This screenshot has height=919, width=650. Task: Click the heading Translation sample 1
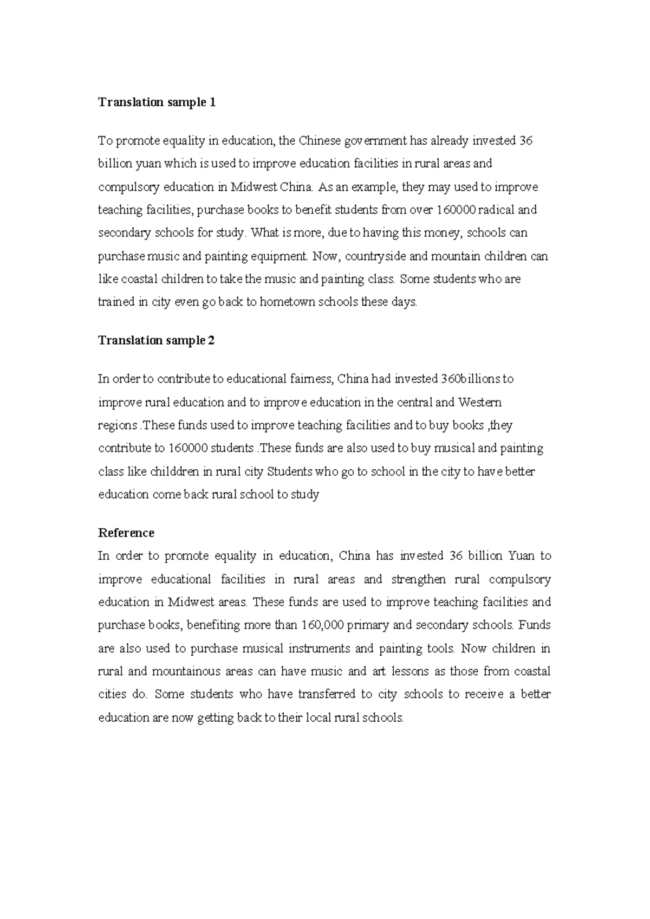(157, 102)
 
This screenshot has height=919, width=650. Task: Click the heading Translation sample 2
(156, 340)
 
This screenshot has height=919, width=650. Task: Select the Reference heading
(126, 533)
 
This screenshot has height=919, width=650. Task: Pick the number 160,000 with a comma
(323, 625)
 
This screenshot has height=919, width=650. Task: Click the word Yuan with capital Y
(521, 556)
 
